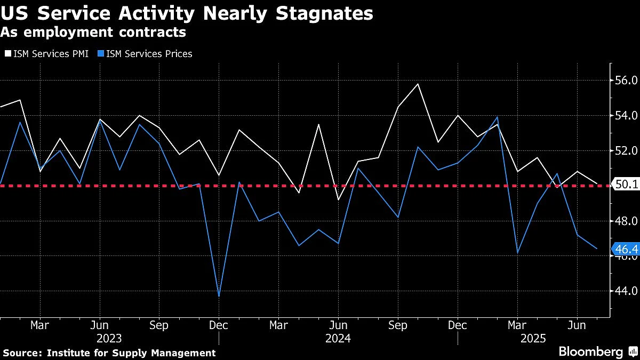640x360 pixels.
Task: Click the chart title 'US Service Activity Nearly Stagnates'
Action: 187,13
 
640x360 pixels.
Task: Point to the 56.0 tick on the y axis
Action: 627,81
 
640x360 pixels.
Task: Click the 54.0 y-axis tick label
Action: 627,115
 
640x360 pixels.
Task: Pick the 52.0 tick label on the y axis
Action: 627,150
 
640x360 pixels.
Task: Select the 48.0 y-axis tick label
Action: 627,221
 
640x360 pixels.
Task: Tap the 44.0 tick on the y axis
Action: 627,291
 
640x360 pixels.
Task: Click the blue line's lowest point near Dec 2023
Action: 219,296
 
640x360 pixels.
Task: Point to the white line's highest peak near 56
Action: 418,84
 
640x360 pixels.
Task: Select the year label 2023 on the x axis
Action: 109,338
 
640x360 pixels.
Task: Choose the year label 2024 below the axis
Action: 338,338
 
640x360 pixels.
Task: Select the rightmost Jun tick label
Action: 577,324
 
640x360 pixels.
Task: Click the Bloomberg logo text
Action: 591,351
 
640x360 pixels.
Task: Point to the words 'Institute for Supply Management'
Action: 131,353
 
